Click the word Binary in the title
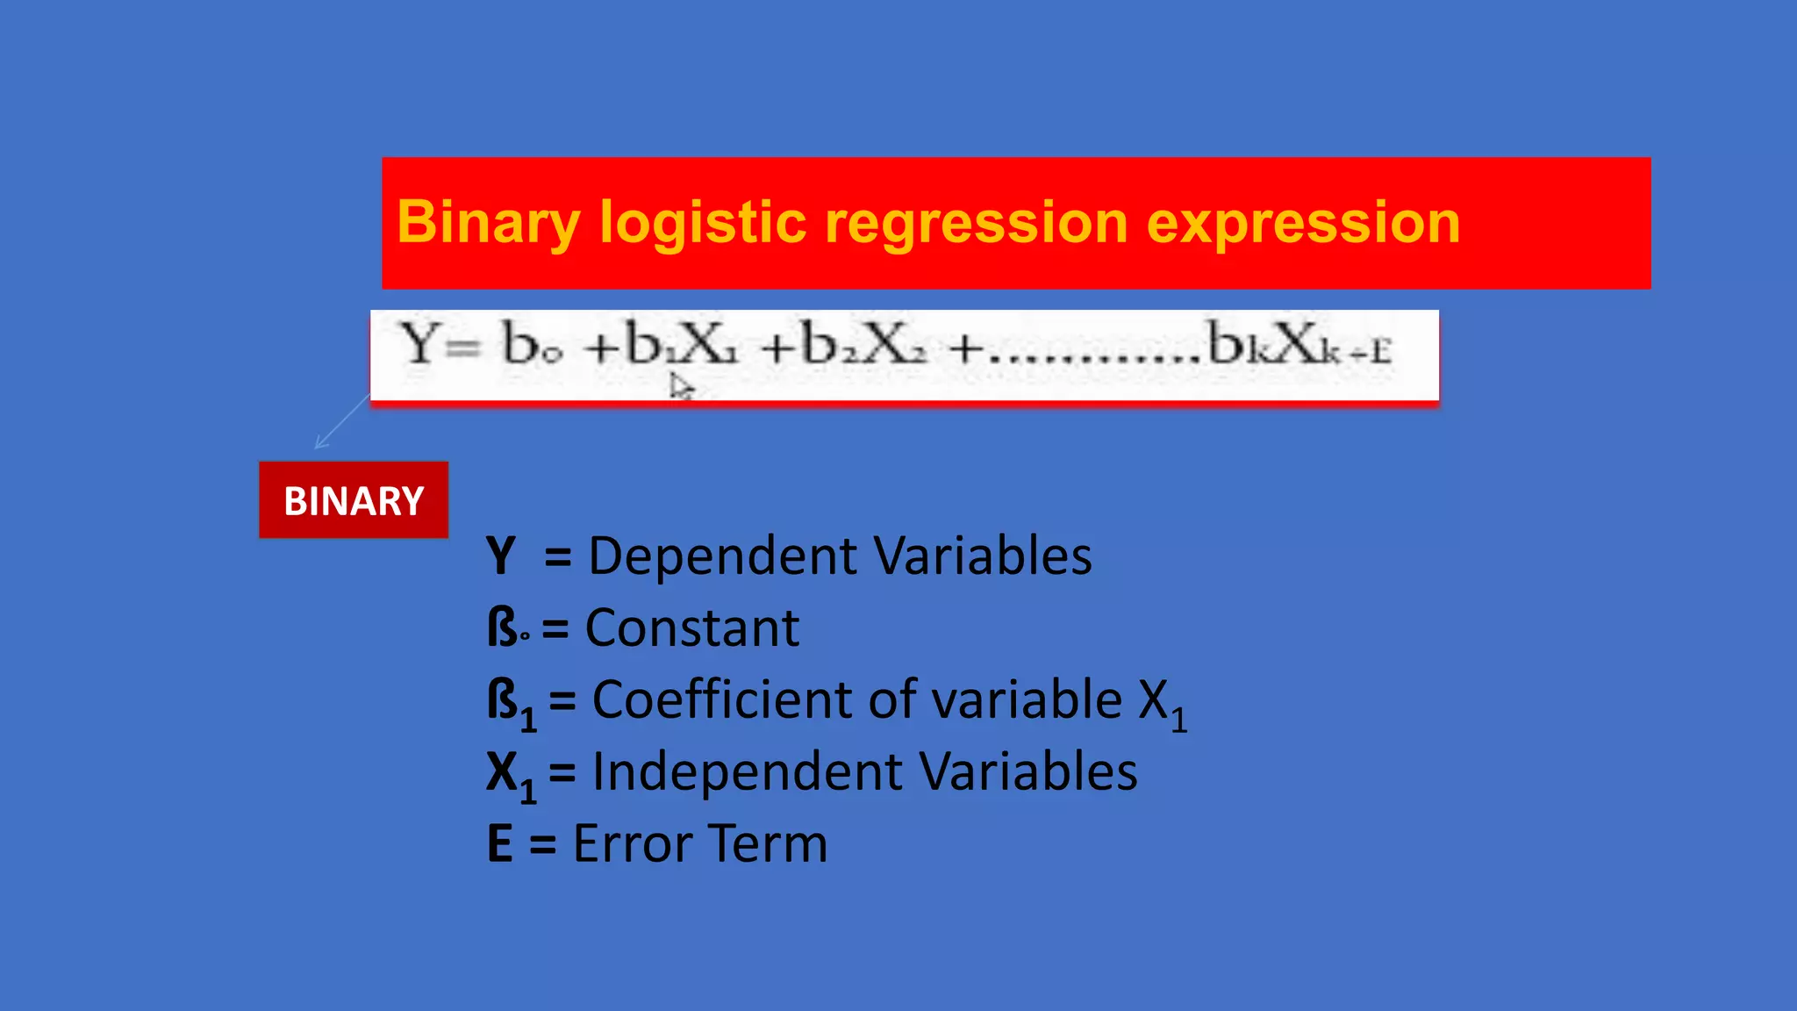click(x=488, y=223)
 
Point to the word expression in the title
click(x=1303, y=223)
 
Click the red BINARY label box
click(x=354, y=500)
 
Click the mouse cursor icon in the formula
click(x=681, y=386)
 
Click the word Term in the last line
click(x=768, y=844)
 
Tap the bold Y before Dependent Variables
click(x=501, y=556)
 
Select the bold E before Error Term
click(x=500, y=844)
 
